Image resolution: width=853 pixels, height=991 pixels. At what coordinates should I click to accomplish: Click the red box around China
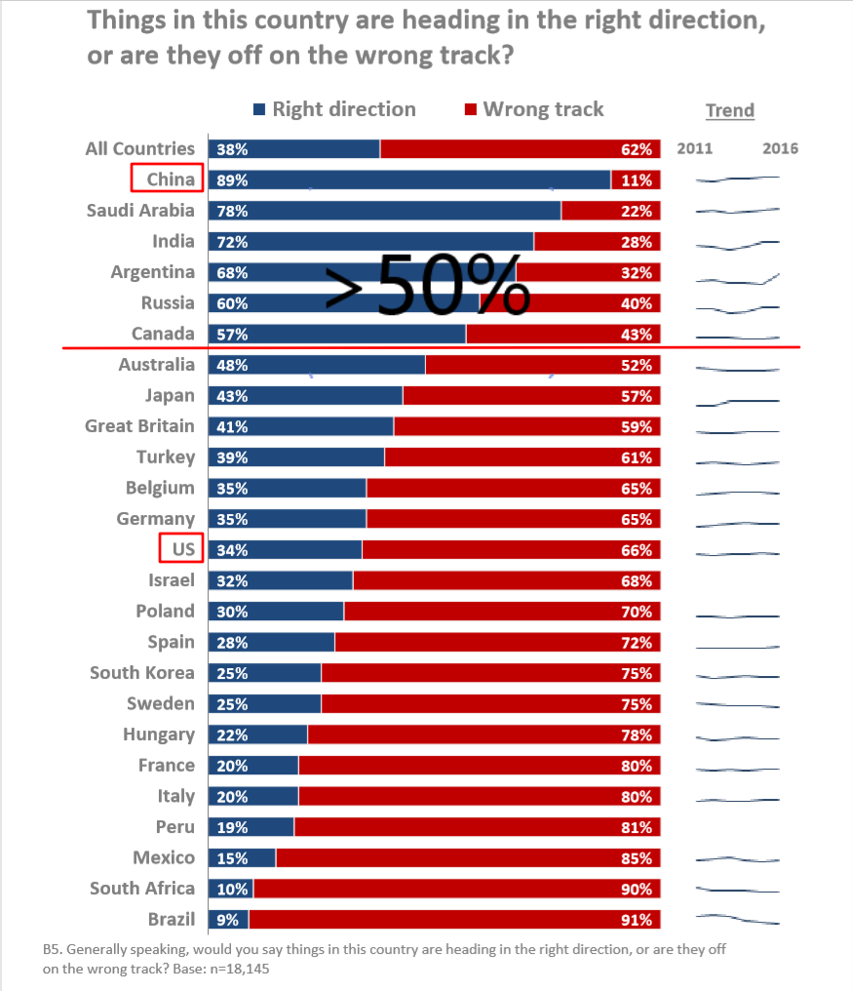point(167,178)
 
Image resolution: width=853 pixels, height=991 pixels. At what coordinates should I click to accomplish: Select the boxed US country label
point(181,549)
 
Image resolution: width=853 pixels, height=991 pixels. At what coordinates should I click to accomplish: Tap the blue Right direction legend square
point(258,110)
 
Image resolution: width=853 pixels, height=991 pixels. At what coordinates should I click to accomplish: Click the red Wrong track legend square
point(470,110)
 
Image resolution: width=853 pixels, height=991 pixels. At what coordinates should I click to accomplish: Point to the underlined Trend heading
point(730,110)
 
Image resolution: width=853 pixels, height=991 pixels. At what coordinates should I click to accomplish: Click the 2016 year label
point(780,148)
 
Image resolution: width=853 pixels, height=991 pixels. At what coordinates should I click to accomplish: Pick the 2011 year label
point(694,148)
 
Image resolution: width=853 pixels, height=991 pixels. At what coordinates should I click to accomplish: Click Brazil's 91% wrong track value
point(636,920)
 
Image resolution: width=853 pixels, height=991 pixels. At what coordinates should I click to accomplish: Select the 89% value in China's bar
point(233,180)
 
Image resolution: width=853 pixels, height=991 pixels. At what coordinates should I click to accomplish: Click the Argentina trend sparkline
point(738,280)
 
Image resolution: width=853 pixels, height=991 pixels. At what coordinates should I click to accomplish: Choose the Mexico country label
point(164,858)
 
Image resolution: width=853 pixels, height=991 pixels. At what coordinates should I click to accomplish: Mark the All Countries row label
point(140,148)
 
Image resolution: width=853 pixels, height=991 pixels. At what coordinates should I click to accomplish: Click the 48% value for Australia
point(233,366)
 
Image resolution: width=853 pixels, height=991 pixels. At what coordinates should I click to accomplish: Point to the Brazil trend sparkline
point(738,919)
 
